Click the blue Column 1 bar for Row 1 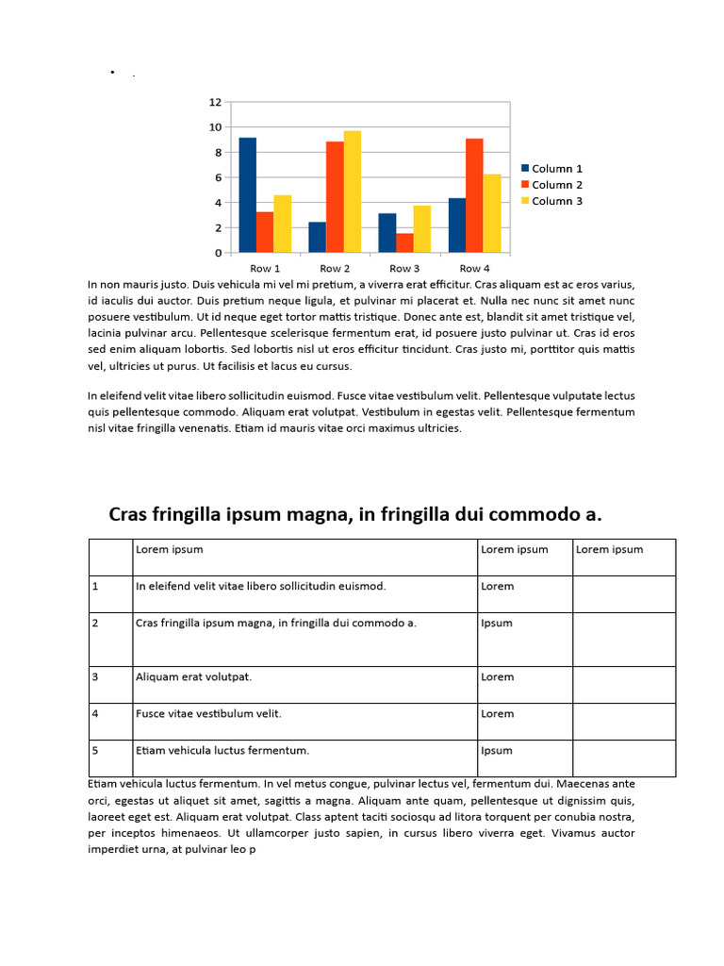[x=247, y=195]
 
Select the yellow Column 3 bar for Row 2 [x=352, y=192]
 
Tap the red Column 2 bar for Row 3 [x=404, y=243]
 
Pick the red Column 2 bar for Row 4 [x=474, y=196]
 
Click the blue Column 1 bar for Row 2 [x=317, y=238]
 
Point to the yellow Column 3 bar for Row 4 [x=491, y=214]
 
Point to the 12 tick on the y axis [x=215, y=102]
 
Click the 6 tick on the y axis [x=217, y=177]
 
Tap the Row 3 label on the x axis [x=404, y=269]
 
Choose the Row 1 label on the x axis [x=265, y=269]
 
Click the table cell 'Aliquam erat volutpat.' [x=193, y=676]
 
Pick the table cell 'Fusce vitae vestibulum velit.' [x=208, y=713]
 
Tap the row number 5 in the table [x=95, y=750]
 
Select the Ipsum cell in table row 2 [x=496, y=623]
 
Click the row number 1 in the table [x=95, y=586]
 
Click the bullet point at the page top [x=112, y=73]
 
